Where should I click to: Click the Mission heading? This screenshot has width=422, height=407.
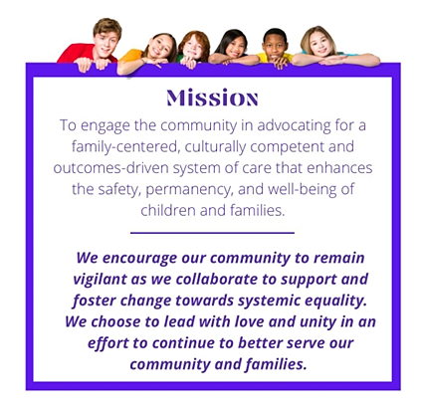point(212,98)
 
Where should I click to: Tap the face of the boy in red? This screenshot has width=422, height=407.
point(106,42)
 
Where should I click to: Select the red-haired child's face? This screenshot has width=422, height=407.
point(193,49)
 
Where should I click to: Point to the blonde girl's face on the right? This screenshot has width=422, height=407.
point(320,44)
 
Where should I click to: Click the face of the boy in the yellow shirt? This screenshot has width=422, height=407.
point(275,46)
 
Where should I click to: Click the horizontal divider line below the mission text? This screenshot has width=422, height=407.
point(212,233)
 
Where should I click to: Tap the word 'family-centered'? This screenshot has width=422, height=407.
point(125,147)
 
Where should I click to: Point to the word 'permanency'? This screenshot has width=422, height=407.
point(188,189)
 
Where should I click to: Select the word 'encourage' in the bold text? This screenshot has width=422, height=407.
point(139,259)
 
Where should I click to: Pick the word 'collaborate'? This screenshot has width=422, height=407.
point(217,279)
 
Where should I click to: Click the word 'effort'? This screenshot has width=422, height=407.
point(107,343)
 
